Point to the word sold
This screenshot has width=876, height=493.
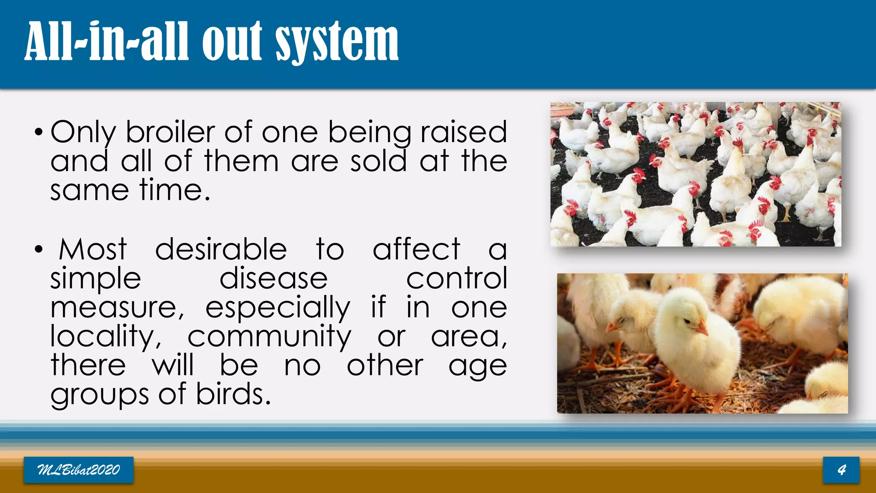tap(378, 161)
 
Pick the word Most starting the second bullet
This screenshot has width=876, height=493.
tap(93, 249)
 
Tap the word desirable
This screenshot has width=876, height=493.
tap(221, 249)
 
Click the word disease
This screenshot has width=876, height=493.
tap(273, 279)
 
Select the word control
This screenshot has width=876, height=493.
tap(456, 279)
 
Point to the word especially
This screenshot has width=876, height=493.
tap(278, 308)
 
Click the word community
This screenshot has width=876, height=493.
tap(269, 337)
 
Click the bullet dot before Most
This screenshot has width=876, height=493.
tap(39, 249)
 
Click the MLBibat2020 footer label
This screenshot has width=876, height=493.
tap(79, 470)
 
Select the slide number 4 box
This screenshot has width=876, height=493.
tap(841, 470)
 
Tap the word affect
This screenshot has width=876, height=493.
tap(416, 249)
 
